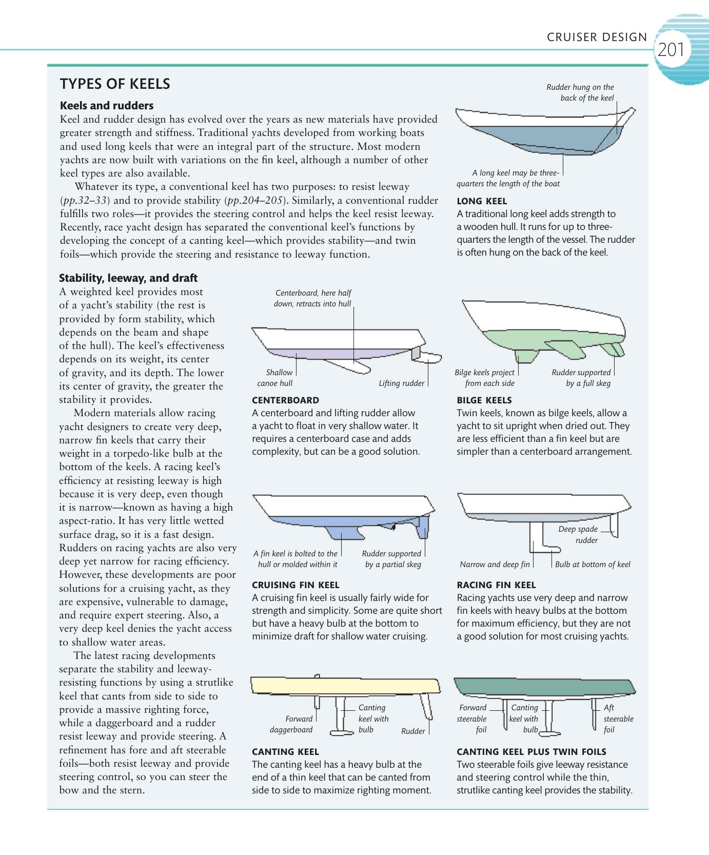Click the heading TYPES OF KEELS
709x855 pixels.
point(115,84)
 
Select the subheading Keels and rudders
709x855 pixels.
point(107,106)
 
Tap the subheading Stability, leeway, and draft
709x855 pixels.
point(128,278)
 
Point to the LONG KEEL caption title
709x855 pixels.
point(481,201)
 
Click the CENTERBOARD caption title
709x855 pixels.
point(285,400)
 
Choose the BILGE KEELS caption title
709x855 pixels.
point(484,400)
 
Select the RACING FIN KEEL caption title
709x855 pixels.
point(496,585)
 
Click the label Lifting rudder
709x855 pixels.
point(401,383)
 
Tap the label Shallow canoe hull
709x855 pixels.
point(276,378)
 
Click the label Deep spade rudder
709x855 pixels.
point(579,534)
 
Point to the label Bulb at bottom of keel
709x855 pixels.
point(593,565)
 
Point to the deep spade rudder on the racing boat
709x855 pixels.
point(615,524)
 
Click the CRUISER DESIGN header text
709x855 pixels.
point(597,37)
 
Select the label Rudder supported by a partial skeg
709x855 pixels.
point(392,559)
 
